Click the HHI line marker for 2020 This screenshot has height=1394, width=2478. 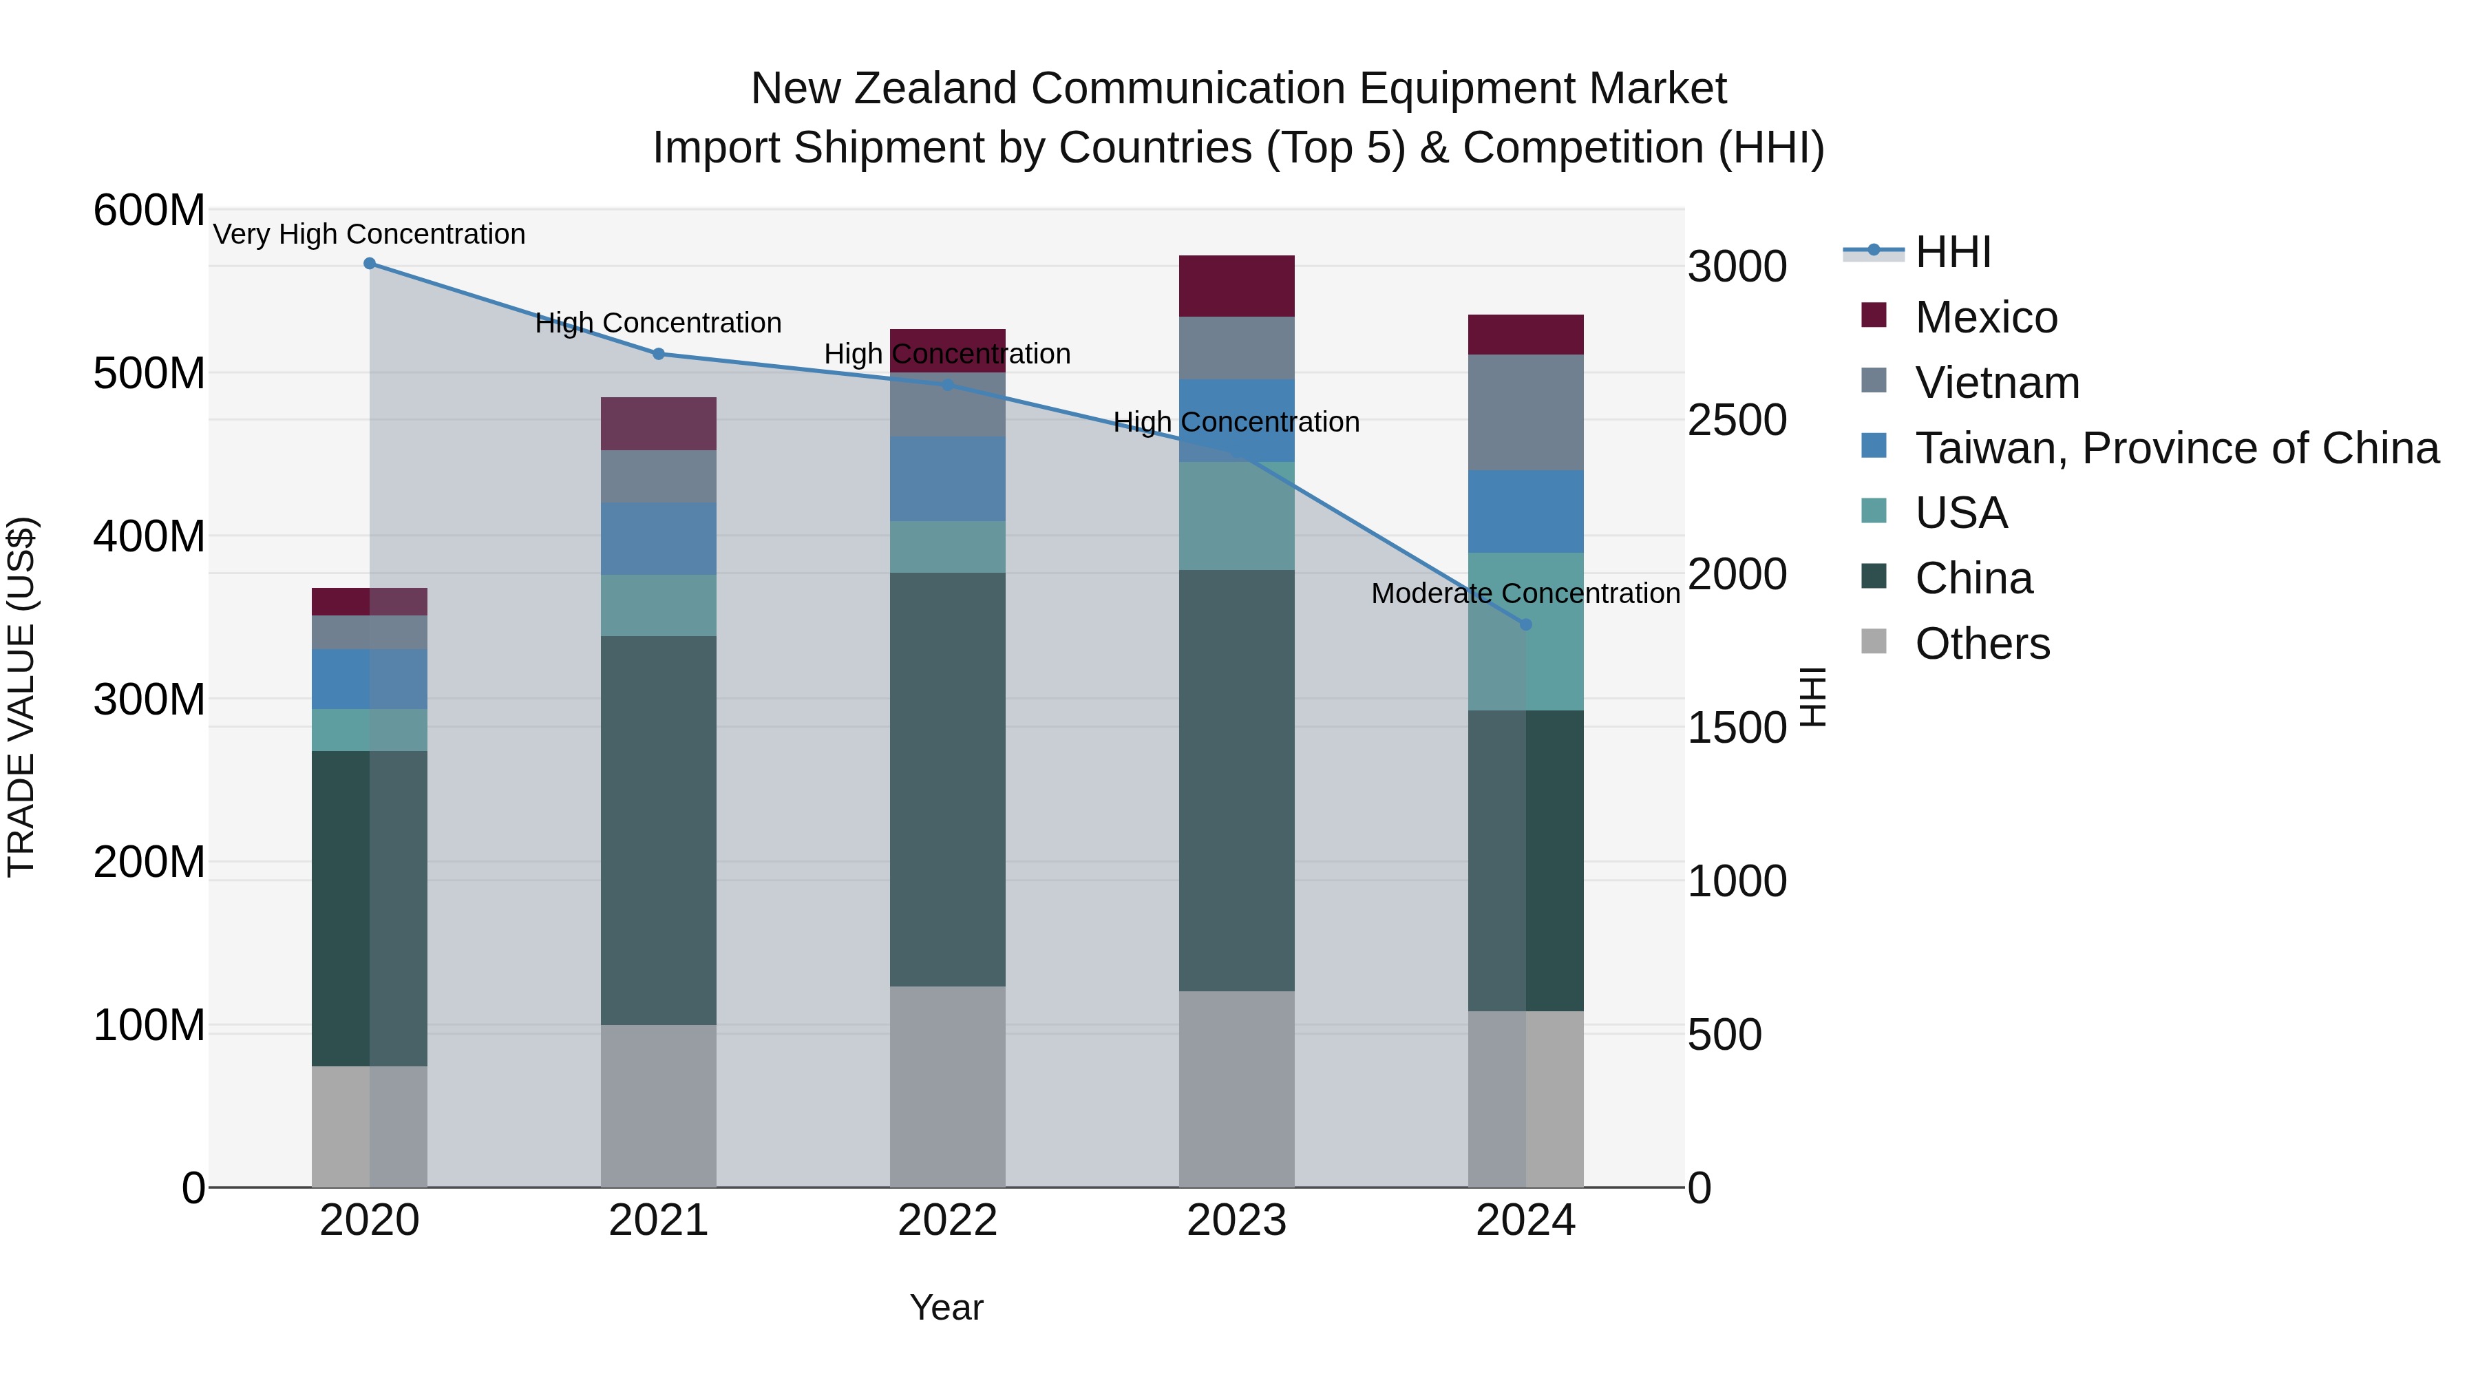pos(370,264)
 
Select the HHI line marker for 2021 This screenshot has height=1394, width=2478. pos(659,354)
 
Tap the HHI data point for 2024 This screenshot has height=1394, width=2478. pos(1525,624)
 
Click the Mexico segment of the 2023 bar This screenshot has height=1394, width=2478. pos(1236,286)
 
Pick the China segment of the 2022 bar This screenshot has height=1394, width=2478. pos(948,779)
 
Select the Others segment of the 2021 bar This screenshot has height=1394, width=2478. pos(659,1106)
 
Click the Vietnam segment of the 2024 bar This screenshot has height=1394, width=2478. pos(1525,412)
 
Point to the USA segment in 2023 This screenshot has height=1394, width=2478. pos(1236,516)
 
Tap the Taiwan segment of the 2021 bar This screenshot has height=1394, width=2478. pos(659,539)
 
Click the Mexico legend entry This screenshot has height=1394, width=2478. pos(1985,317)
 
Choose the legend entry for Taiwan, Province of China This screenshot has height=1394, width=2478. pos(2176,448)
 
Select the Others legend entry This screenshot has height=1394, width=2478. pos(1982,644)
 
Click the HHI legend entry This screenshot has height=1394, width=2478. pos(1953,252)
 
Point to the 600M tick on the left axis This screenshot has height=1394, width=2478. pos(149,210)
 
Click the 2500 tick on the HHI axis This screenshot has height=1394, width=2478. pos(1737,421)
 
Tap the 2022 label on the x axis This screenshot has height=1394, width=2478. pos(948,1221)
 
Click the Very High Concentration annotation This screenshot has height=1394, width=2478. pos(370,234)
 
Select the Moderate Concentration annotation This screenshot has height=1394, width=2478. pos(1525,593)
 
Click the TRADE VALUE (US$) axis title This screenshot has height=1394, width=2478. pos(21,697)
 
